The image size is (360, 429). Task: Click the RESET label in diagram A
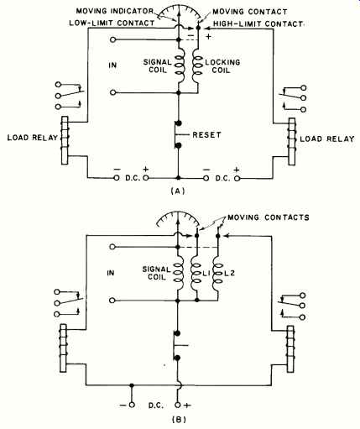(206, 135)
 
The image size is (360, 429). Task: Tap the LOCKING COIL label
(222, 66)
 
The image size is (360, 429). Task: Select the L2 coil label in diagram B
(229, 274)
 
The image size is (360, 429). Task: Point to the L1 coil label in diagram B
(206, 274)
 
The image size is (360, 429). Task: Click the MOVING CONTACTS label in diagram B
(269, 217)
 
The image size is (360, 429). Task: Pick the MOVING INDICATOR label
(115, 11)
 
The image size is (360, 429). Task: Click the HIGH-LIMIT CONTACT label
(258, 24)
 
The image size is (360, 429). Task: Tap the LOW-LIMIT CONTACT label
(112, 23)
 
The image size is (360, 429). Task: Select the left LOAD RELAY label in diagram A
(33, 138)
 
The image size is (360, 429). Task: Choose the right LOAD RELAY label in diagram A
(327, 139)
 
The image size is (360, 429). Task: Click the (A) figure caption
(178, 191)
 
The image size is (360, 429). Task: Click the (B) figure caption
(178, 420)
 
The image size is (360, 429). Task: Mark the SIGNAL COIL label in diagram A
(158, 66)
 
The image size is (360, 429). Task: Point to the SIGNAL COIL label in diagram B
(157, 273)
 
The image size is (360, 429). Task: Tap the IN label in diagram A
(112, 65)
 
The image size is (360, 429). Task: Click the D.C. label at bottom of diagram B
(156, 405)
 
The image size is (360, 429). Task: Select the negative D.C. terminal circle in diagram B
(132, 405)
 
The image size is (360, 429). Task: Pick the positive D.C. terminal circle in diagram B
(178, 405)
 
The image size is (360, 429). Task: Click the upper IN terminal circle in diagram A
(112, 39)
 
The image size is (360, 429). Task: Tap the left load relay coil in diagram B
(63, 348)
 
